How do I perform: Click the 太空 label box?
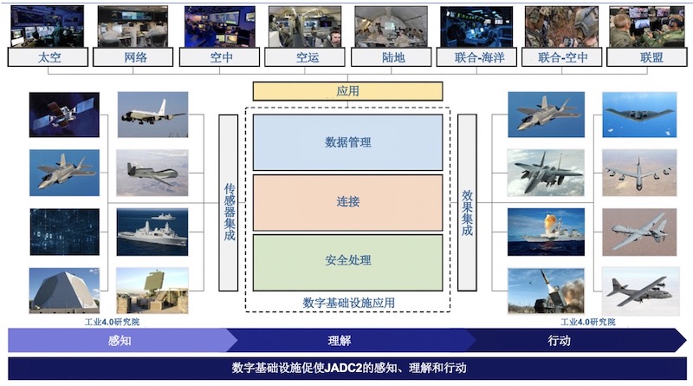48,57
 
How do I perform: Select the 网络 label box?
133,57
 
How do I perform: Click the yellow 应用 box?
348,91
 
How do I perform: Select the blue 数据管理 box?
348,142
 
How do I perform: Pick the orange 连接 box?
348,202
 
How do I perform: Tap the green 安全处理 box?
348,262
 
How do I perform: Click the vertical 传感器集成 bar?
229,203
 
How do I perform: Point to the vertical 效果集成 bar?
467,202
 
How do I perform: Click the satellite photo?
64,114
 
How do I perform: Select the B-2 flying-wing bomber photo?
639,114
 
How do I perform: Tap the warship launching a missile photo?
547,232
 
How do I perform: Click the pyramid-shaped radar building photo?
64,291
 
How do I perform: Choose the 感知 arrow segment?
120,340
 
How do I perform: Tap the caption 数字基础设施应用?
349,304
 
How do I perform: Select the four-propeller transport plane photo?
640,291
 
